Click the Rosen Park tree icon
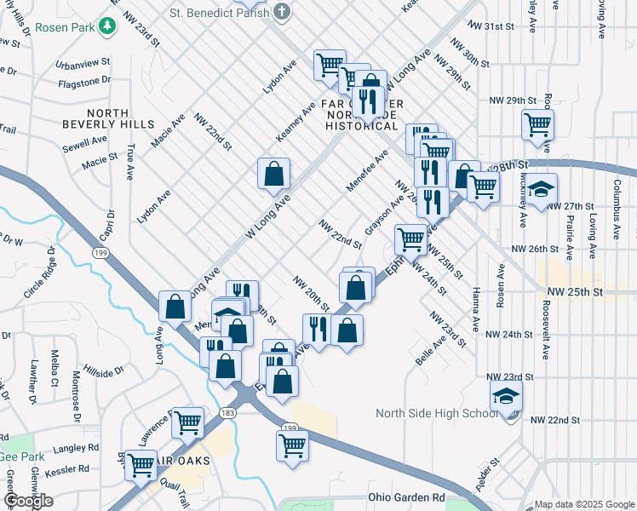pos(108,26)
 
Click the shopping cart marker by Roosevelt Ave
pos(538,124)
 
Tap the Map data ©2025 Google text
pos(584,504)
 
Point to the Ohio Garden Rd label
pos(406,497)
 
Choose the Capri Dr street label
pos(106,224)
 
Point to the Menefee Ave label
pos(367,171)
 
